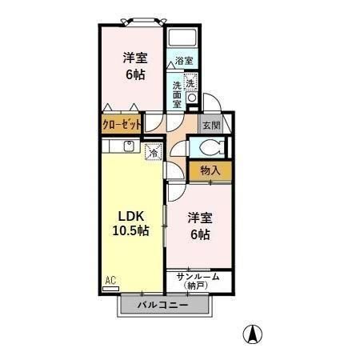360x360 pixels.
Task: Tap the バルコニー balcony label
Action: (x=162, y=306)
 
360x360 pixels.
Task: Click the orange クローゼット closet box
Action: (x=122, y=125)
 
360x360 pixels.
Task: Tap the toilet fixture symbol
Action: (x=209, y=147)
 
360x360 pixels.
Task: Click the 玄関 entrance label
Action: (x=211, y=125)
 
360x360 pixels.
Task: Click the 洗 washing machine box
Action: (x=190, y=83)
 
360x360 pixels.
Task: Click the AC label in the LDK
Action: (x=110, y=280)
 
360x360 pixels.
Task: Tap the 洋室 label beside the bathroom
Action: (x=134, y=58)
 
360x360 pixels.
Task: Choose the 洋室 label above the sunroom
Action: (x=200, y=218)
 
